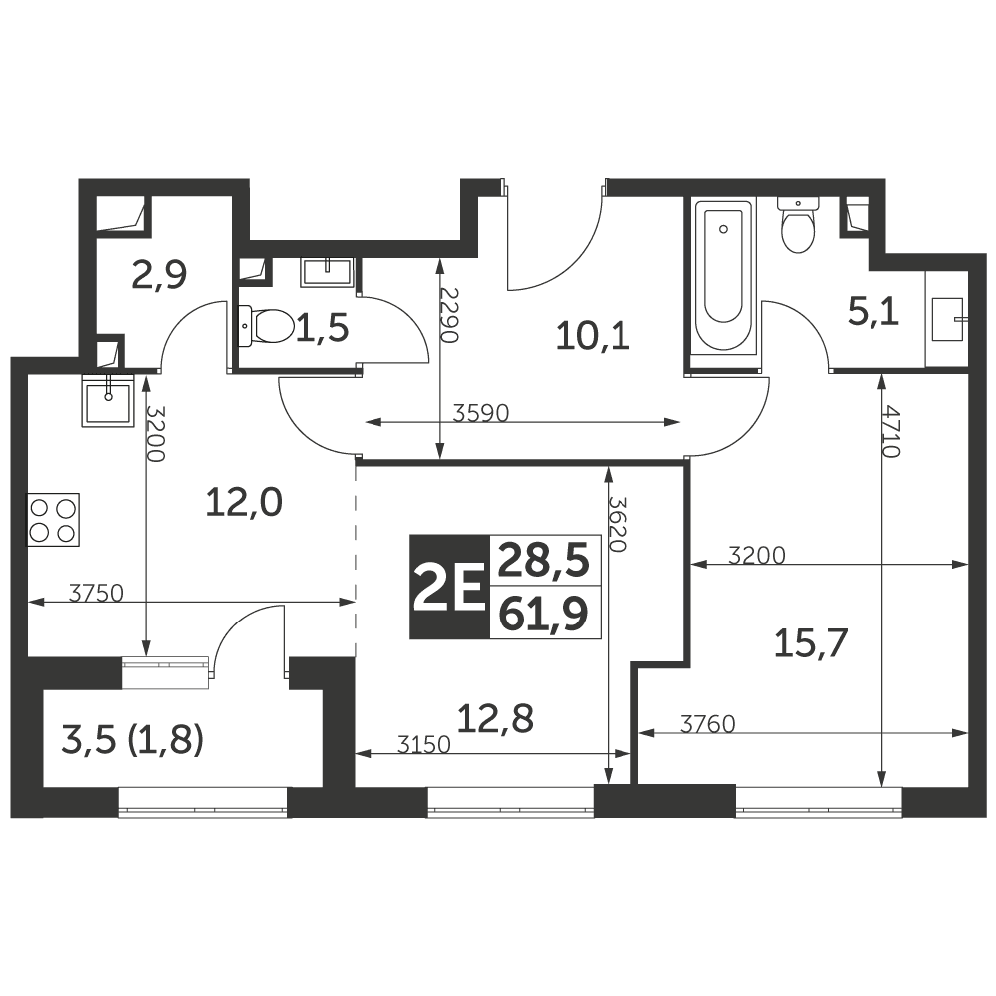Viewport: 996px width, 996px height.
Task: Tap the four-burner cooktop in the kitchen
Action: (x=53, y=519)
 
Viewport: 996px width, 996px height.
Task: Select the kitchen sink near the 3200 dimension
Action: (x=109, y=400)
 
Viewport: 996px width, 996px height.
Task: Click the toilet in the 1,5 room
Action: (x=266, y=326)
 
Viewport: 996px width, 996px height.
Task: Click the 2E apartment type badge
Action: (x=450, y=587)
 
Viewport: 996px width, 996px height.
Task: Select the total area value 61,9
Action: (x=543, y=615)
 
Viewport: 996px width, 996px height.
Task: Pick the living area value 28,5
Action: (x=543, y=560)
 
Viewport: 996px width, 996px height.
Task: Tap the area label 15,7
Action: (x=811, y=644)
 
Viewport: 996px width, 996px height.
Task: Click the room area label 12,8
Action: (x=495, y=719)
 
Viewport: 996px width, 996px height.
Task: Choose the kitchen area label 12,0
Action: (x=245, y=503)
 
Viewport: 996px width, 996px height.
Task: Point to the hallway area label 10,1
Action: (x=593, y=336)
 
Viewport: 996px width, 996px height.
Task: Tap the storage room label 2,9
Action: (x=159, y=276)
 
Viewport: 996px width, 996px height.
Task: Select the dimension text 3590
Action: (x=481, y=413)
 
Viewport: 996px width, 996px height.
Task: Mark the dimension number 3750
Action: (x=96, y=593)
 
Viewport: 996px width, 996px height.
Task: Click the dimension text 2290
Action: (x=449, y=315)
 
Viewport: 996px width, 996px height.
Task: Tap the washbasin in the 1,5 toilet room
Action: (x=327, y=271)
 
